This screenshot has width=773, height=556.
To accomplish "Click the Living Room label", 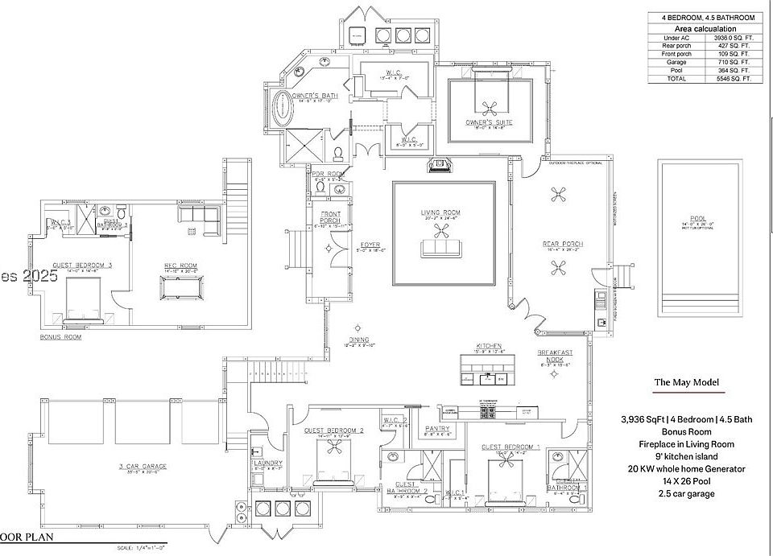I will click(440, 213).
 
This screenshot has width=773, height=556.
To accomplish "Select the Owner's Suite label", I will click(489, 122).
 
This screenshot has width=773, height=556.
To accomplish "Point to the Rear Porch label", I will click(563, 244).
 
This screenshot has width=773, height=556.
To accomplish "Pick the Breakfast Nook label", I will click(555, 356).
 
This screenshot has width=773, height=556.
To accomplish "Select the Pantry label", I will click(437, 428).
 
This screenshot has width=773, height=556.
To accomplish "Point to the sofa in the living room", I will click(440, 248).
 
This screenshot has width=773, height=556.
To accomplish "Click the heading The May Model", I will click(686, 382).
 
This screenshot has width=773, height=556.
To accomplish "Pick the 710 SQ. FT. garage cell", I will click(733, 62).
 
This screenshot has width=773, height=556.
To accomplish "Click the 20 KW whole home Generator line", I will click(686, 468).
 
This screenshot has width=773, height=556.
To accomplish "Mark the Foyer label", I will click(370, 245).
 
